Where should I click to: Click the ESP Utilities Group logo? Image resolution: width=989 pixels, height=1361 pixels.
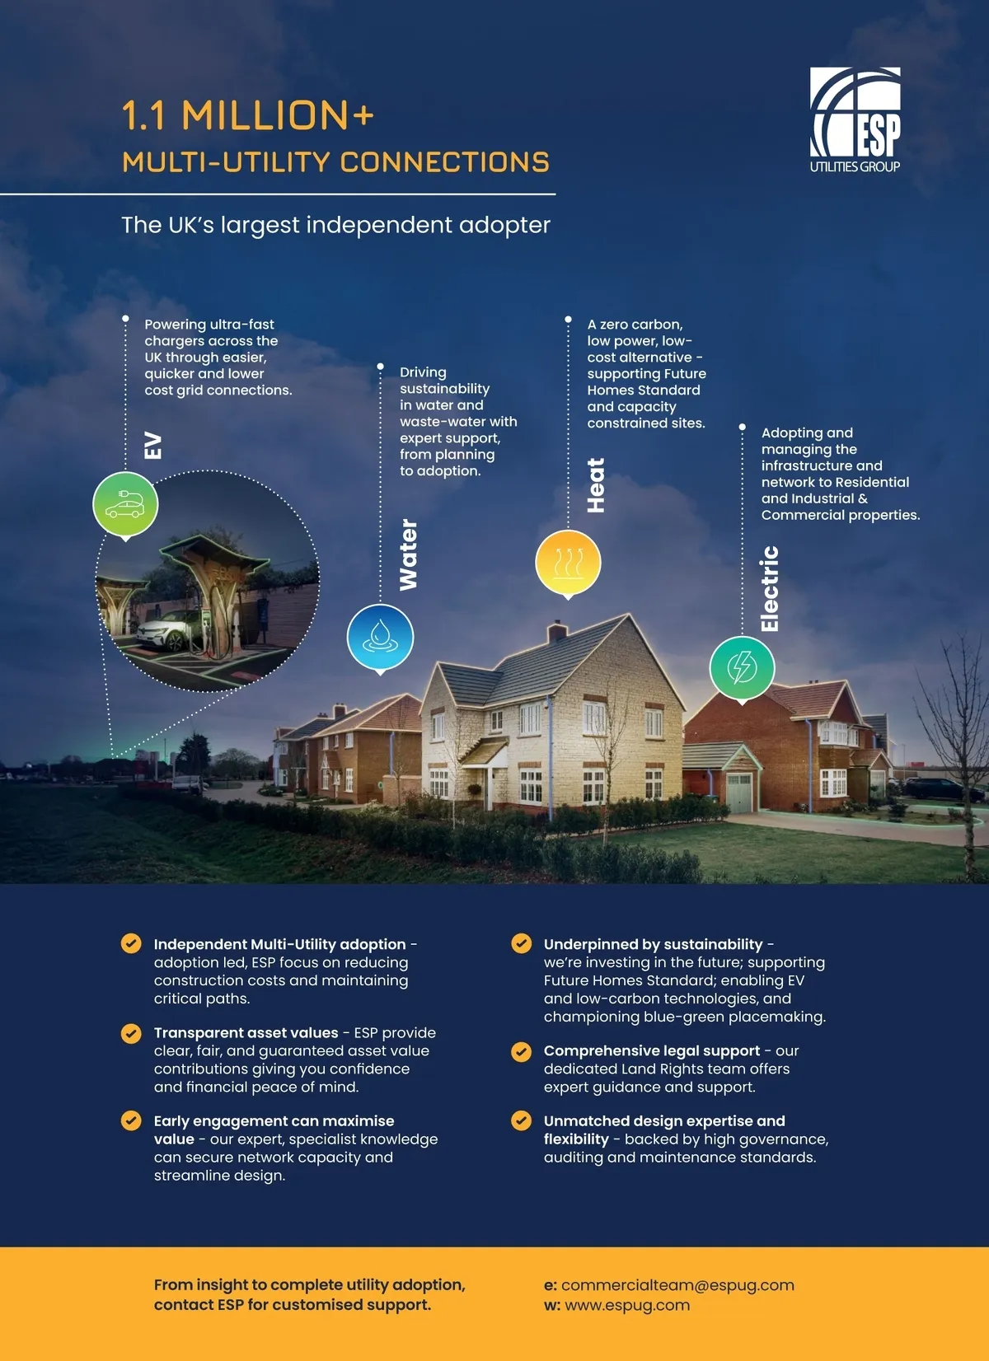855,120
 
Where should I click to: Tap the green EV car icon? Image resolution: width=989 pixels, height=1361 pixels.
125,504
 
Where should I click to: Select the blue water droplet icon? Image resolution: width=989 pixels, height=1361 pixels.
380,637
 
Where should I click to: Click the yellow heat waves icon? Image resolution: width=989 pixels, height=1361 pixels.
568,563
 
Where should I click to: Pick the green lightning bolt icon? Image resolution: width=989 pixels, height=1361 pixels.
742,667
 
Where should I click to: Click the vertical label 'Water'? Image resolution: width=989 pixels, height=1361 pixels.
408,554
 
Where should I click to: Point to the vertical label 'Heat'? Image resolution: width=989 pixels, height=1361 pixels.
595,485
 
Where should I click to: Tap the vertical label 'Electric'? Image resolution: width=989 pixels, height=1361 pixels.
769,588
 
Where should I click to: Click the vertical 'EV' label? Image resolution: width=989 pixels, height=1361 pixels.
153,446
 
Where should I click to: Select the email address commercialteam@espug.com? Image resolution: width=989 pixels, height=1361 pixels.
677,1285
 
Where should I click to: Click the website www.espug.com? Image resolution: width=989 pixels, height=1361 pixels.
627,1305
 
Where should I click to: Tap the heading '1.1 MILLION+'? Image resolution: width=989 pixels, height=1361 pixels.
248,115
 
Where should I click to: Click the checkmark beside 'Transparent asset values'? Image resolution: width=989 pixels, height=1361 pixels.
131,1033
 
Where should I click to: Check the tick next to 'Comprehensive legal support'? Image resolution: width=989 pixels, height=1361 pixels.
521,1051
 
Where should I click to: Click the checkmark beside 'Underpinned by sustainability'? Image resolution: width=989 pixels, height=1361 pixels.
521,943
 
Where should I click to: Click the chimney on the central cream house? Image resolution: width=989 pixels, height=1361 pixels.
557,632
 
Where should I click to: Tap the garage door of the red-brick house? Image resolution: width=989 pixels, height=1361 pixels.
739,793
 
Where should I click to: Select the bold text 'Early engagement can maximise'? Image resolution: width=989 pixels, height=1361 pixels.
274,1120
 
